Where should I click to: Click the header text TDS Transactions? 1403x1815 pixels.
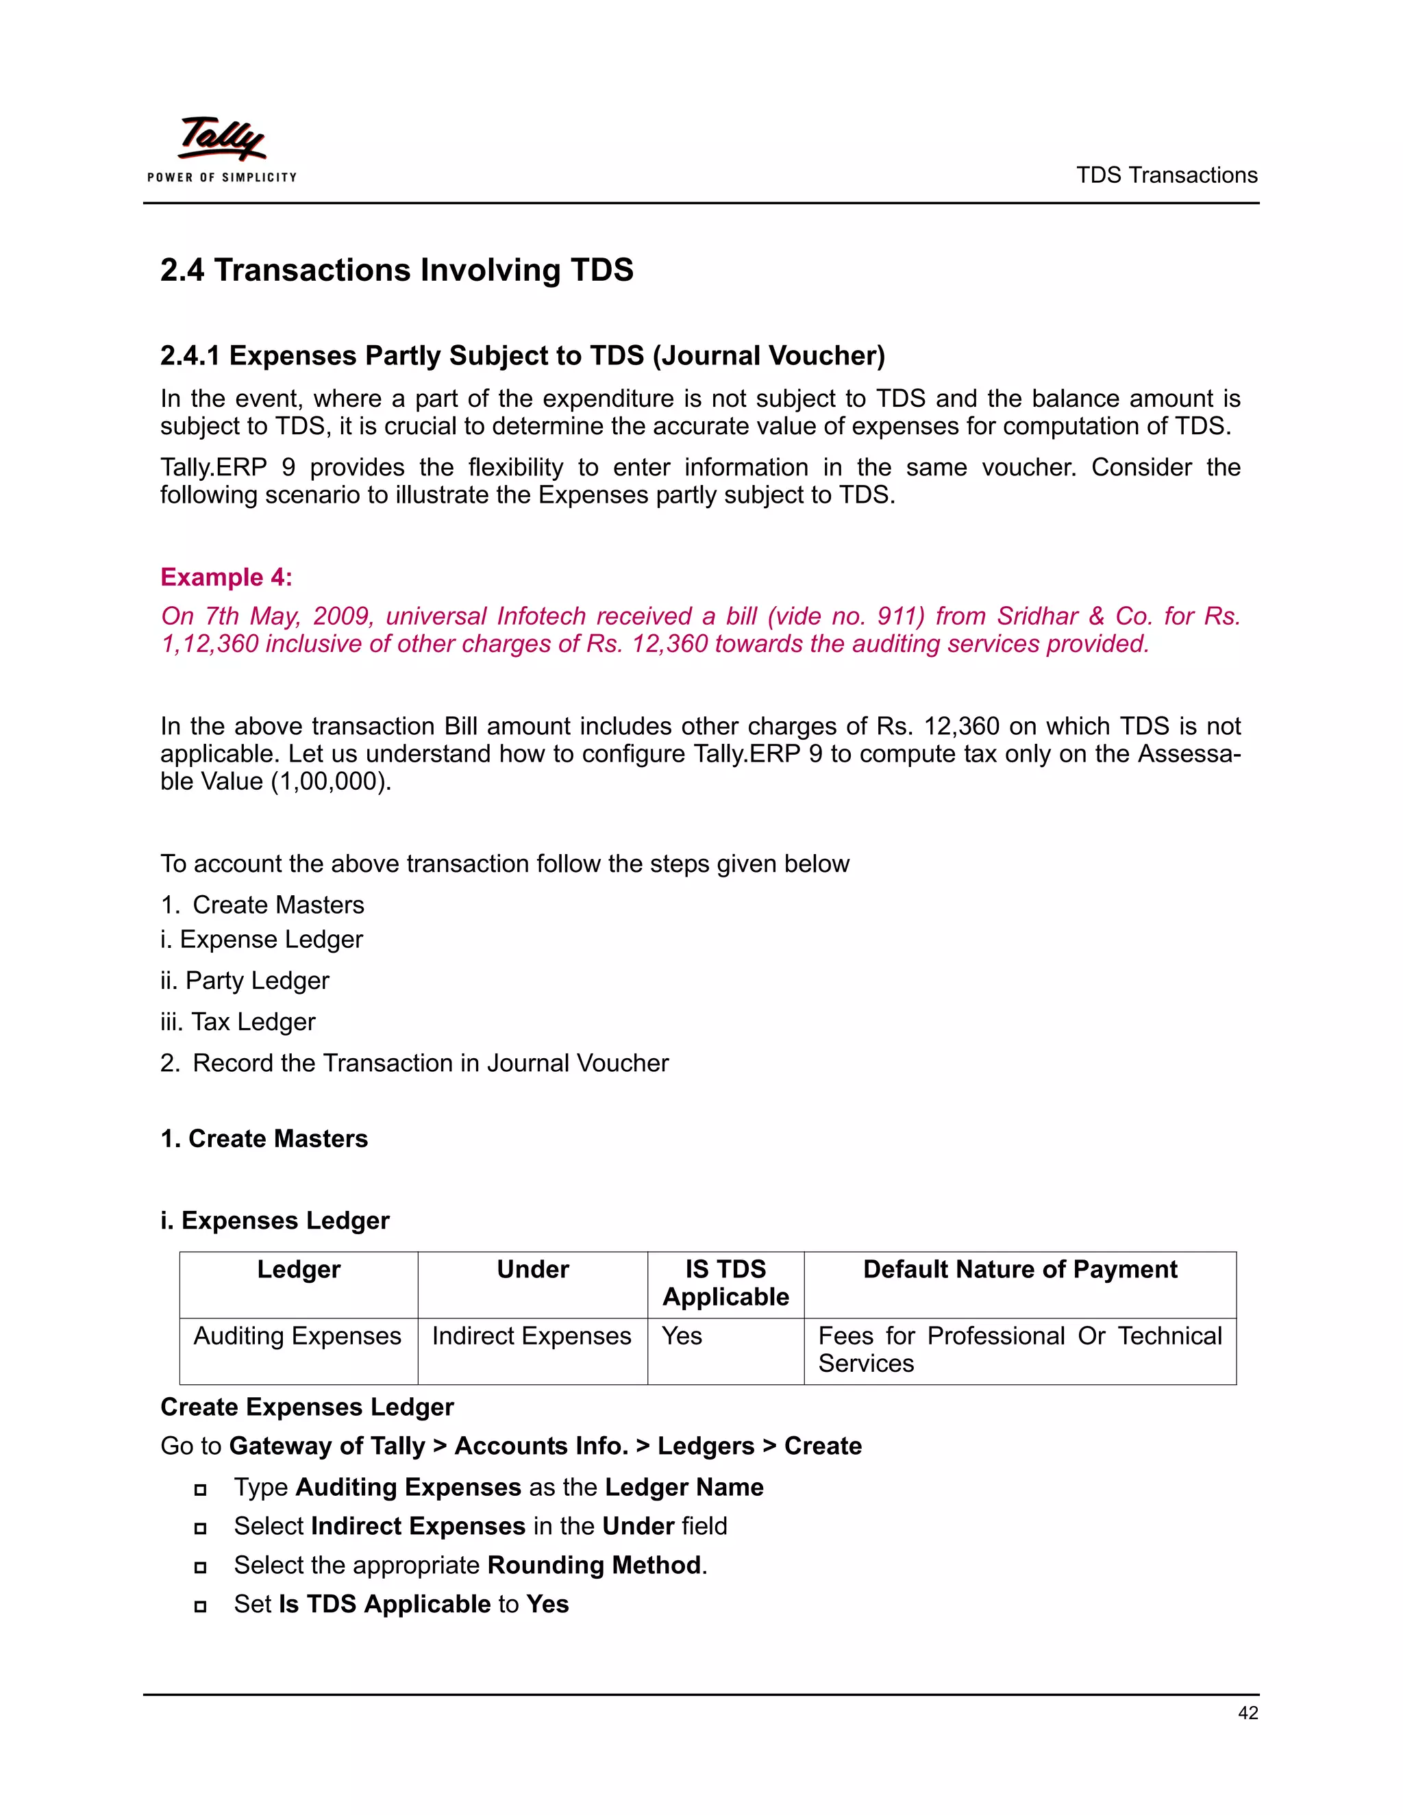click(1166, 175)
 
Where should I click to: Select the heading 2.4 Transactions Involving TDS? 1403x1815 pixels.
click(397, 270)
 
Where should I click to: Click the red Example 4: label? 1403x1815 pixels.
click(226, 577)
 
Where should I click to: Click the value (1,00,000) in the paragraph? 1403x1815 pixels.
click(331, 781)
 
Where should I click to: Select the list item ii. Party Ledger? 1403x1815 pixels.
click(245, 981)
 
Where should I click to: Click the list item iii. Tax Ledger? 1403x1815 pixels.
click(238, 1021)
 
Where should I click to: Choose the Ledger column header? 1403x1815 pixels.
click(299, 1269)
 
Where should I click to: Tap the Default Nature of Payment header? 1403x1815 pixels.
click(1020, 1269)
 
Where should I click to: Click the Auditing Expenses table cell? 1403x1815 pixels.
click(297, 1336)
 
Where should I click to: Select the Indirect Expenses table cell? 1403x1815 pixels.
click(531, 1336)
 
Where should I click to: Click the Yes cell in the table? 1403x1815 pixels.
click(682, 1336)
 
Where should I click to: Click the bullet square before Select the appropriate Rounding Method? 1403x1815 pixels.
click(199, 1567)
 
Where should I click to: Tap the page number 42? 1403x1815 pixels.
click(1247, 1713)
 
